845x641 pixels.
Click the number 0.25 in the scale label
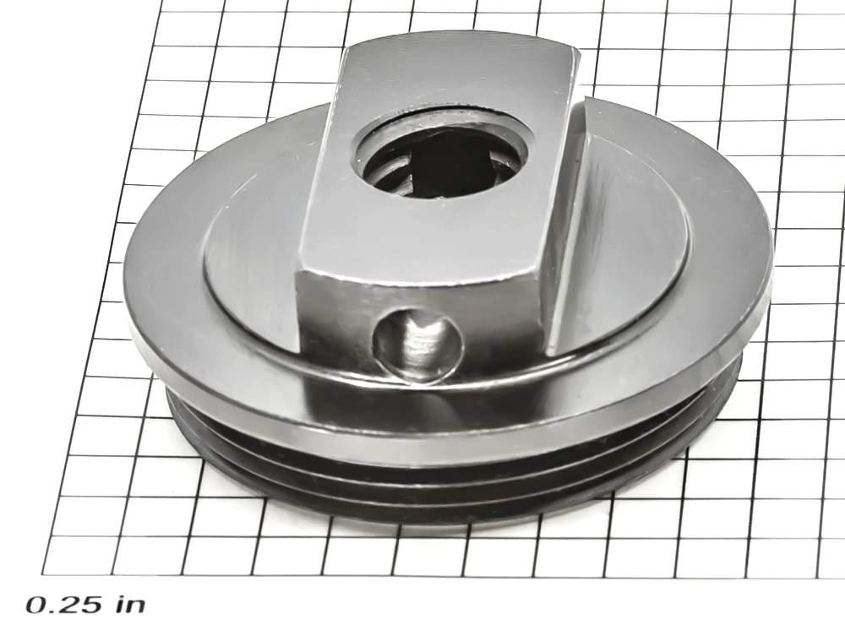[63, 605]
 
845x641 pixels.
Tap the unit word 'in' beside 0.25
[130, 605]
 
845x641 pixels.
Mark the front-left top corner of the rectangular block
[297, 271]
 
